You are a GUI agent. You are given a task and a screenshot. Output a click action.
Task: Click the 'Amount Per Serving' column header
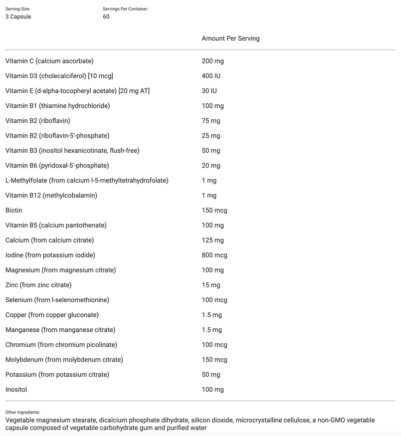(x=230, y=39)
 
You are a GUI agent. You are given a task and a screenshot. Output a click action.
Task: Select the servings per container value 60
(x=106, y=17)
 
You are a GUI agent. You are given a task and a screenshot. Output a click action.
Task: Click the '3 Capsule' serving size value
(x=18, y=17)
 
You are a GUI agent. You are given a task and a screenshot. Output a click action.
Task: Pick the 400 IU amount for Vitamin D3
(x=211, y=76)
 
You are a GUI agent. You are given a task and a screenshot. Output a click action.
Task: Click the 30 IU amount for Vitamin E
(x=209, y=91)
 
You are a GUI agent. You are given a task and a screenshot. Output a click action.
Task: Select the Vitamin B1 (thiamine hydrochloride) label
(x=58, y=106)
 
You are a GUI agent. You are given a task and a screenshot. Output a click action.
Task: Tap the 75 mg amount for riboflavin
(x=211, y=121)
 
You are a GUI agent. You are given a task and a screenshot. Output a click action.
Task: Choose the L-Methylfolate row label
(x=87, y=180)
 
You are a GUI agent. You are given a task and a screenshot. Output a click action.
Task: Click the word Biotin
(x=14, y=210)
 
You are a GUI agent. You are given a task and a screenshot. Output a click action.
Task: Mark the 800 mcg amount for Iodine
(x=214, y=255)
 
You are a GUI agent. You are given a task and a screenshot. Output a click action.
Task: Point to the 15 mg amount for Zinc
(x=211, y=285)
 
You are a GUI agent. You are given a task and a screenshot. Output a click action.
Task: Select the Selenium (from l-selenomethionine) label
(x=57, y=300)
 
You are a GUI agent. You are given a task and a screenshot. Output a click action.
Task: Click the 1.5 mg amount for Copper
(x=212, y=315)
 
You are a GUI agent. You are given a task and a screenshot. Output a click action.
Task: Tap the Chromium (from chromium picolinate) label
(x=61, y=345)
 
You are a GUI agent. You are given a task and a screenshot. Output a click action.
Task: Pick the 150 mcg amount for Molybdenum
(x=214, y=360)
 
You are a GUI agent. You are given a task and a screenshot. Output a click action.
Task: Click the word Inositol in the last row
(x=16, y=389)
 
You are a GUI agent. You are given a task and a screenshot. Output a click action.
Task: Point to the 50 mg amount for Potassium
(x=211, y=375)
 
